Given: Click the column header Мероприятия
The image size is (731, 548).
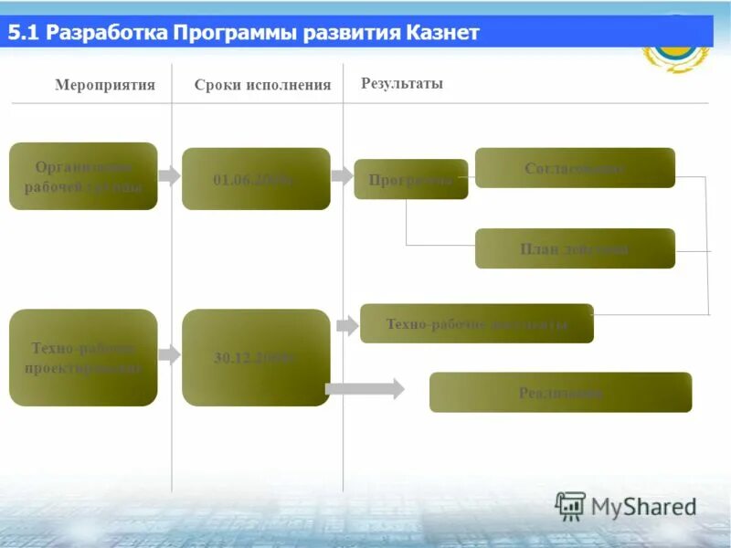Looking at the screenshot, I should click(105, 85).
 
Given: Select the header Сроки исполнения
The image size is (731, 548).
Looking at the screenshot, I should click(262, 85).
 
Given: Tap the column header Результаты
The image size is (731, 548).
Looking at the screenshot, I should click(402, 83).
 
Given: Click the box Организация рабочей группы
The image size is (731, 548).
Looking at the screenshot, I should click(83, 176).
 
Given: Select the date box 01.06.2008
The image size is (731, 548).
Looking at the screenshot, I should click(256, 179).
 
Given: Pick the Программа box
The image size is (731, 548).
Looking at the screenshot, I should click(410, 179).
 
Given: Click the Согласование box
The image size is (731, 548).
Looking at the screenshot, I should click(575, 168).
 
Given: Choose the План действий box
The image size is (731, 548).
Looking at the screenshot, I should click(575, 248).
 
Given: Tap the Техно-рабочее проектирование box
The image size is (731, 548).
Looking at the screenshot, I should click(83, 358).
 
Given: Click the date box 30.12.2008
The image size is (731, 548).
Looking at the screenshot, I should click(256, 358).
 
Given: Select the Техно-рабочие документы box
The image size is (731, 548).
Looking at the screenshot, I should click(476, 323).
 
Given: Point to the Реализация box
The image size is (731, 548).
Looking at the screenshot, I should click(560, 393).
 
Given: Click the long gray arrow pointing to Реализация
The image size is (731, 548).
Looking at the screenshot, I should click(365, 389).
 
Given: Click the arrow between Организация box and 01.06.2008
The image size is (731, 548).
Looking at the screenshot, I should click(169, 175).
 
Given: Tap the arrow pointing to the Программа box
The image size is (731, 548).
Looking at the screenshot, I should click(342, 175).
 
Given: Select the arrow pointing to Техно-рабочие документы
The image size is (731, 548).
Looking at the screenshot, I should click(347, 325).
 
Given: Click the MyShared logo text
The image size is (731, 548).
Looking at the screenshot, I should click(643, 506).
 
